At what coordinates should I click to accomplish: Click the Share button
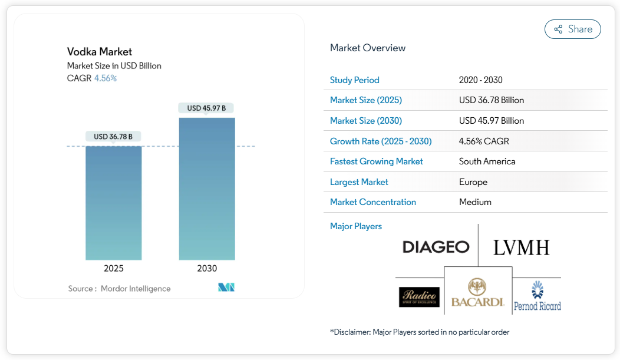[572, 29]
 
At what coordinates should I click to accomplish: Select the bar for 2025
[114, 203]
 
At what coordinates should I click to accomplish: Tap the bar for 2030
[207, 189]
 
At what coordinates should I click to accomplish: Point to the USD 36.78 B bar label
[113, 137]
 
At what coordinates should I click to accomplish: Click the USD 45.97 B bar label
[206, 108]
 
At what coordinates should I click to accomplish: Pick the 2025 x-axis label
[114, 268]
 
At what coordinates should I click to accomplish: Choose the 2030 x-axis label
[207, 268]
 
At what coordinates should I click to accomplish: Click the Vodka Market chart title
[100, 52]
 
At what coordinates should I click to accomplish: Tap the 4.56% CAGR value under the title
[105, 78]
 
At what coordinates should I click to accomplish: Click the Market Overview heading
[368, 48]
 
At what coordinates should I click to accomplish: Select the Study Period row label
[355, 80]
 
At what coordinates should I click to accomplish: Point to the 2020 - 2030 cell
[481, 80]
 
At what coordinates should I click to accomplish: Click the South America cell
[487, 161]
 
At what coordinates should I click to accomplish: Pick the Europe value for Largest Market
[473, 182]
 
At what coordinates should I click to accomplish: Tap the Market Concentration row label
[373, 202]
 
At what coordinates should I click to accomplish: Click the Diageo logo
[436, 247]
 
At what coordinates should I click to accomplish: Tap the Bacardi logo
[477, 293]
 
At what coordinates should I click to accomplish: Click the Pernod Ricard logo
[537, 296]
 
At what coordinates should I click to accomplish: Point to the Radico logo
[419, 297]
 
